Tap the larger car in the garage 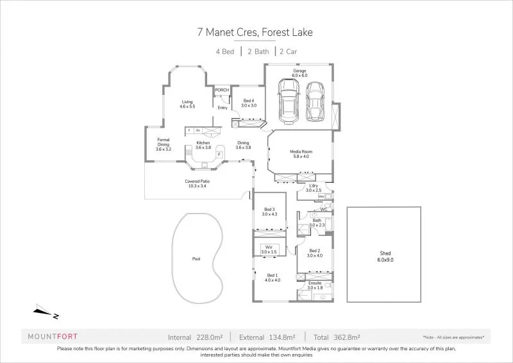point(289,101)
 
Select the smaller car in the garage point(316,101)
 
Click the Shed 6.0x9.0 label point(383,257)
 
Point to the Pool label point(196,259)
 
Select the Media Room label point(301,153)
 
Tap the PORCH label point(222,90)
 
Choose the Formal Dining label point(163,146)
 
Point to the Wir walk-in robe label point(269,249)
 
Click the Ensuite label point(314,285)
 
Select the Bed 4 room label point(249,103)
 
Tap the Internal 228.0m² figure point(195,336)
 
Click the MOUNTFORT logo point(54,335)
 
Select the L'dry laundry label point(313,188)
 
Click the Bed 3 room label point(269,212)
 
